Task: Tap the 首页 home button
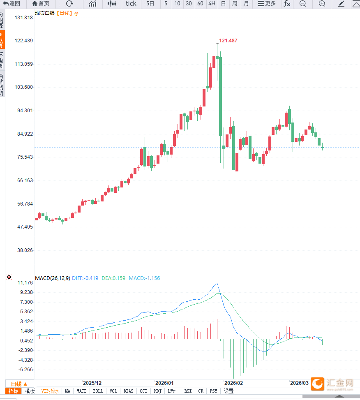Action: coord(41,4)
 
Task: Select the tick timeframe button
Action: coord(131,4)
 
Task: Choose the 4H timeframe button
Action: coord(212,4)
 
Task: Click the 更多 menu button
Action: coord(267,4)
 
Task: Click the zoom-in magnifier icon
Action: coord(322,4)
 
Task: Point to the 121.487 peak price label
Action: coord(228,41)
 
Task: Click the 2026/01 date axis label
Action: coord(164,382)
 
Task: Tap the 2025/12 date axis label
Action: coord(92,382)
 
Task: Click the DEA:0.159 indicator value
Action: coord(113,278)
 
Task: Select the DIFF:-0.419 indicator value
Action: coord(85,278)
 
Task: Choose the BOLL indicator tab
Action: coord(98,391)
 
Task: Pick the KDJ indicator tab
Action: coord(157,391)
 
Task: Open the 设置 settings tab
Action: coord(228,391)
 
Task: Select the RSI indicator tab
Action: coord(188,391)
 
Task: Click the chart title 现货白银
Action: coord(45,13)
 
